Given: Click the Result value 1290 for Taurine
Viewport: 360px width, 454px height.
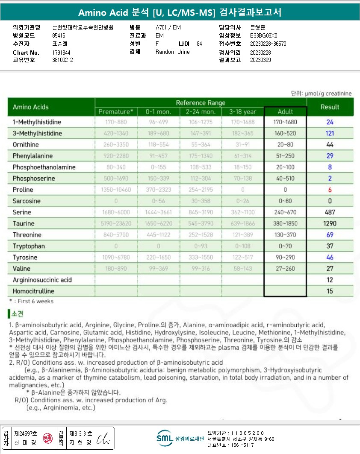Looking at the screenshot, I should click(x=330, y=223).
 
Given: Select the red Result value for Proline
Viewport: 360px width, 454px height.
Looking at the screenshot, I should click(x=330, y=190).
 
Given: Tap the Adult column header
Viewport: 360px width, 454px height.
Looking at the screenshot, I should click(x=285, y=111).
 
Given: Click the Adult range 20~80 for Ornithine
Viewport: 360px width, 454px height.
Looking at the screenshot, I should click(x=285, y=145).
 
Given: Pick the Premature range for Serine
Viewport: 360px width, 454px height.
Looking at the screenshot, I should click(x=116, y=212).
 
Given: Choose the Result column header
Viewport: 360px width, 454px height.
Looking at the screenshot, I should click(x=330, y=107).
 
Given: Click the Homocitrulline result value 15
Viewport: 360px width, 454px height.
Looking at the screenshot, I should click(x=330, y=291).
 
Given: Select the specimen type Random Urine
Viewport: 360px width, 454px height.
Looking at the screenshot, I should click(x=172, y=52).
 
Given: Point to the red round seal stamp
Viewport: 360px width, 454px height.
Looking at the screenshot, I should click(x=47, y=438).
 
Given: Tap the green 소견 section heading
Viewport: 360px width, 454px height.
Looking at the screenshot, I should click(x=18, y=314).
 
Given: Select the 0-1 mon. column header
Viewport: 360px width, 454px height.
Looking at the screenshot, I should click(x=158, y=111).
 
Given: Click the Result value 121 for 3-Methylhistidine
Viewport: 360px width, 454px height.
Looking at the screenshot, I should click(x=330, y=134).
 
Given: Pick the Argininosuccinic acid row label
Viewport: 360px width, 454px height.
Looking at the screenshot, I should click(x=42, y=280).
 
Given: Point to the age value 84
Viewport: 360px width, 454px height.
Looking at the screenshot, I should click(x=199, y=44).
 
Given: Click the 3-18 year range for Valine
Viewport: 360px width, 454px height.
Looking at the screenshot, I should click(x=242, y=269).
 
